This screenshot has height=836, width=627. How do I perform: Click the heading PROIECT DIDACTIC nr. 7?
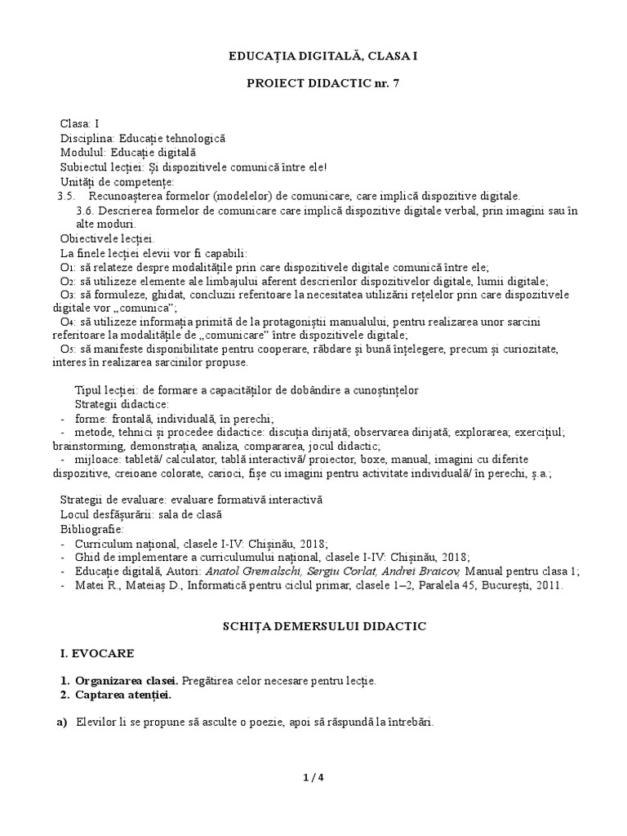[x=313, y=84]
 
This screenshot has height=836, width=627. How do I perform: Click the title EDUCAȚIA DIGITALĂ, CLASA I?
[x=313, y=55]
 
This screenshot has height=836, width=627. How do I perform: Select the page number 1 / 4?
[x=313, y=777]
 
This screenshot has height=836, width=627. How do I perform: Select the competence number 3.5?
[x=66, y=196]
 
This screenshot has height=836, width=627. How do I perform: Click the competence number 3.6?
[x=85, y=211]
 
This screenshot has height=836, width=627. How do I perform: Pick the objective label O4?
[x=68, y=322]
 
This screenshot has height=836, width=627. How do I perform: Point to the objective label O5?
[x=68, y=349]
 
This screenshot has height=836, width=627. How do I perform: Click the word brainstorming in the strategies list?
[x=91, y=447]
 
